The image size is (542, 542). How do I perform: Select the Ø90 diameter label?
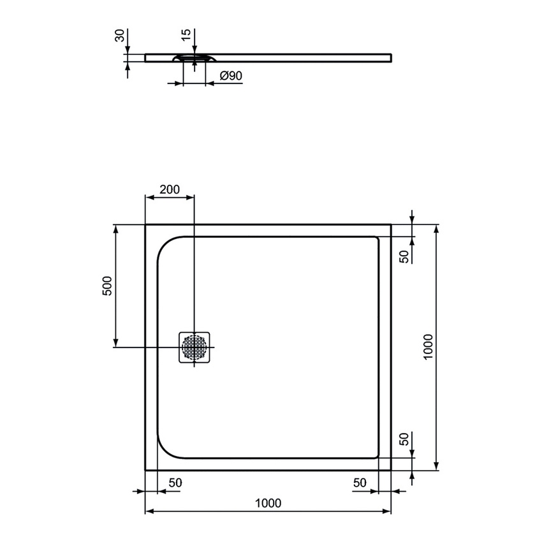(230, 76)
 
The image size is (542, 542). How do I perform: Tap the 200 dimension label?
(169, 189)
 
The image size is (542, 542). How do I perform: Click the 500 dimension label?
(108, 285)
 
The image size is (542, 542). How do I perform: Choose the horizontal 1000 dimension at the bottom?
(268, 502)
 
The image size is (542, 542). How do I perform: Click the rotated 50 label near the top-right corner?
(403, 256)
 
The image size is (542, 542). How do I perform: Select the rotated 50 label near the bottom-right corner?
(403, 439)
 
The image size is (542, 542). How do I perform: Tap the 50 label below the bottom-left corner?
(175, 483)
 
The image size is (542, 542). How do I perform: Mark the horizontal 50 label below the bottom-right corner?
(360, 483)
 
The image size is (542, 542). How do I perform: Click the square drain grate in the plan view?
(194, 347)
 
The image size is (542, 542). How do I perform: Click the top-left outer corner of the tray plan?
(146, 224)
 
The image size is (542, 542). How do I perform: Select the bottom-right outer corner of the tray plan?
(390, 469)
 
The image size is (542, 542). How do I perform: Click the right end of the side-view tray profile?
(390, 58)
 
